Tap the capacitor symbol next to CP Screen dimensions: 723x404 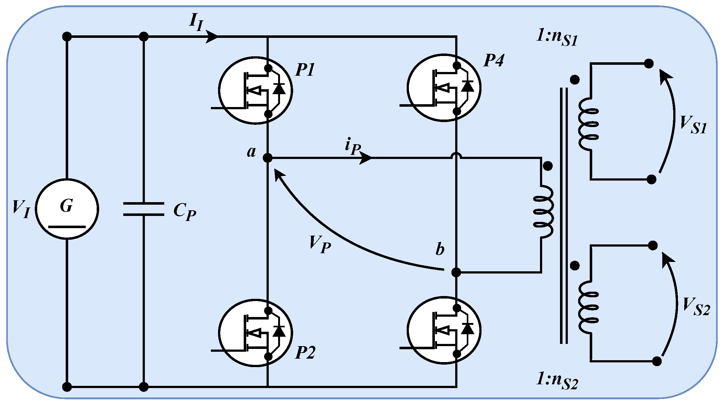coord(144,209)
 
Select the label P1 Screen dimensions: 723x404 coord(305,69)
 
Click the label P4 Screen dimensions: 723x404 coord(494,60)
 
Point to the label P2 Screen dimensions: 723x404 coord(305,353)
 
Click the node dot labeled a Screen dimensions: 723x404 coord(268,158)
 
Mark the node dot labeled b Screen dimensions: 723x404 coord(456,272)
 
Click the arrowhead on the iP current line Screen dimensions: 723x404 coord(365,158)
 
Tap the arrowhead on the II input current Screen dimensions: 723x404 coord(212,37)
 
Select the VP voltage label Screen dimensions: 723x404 coord(320,244)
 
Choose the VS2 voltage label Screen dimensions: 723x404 coord(696,307)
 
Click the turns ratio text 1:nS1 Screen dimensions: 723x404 coord(557,38)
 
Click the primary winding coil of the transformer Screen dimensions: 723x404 coord(544,212)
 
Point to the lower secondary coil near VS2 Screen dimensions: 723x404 coord(588,308)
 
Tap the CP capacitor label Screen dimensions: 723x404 coord(185,212)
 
